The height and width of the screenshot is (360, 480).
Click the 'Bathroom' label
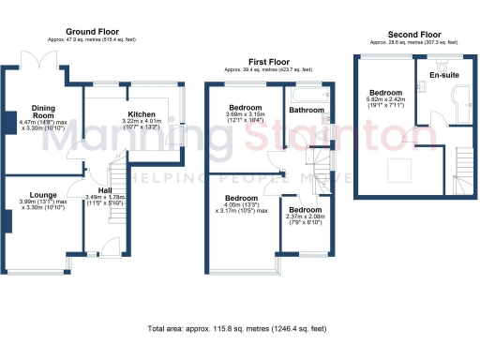(306, 111)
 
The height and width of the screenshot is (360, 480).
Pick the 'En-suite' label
(443, 75)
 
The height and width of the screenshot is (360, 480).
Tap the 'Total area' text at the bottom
(237, 329)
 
